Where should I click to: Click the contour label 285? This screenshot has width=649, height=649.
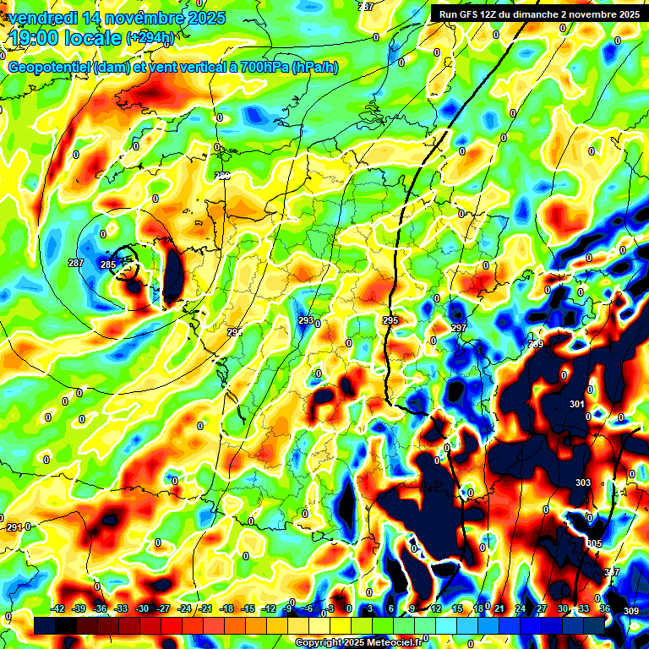click(107, 265)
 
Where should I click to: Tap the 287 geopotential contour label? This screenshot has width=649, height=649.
click(76, 263)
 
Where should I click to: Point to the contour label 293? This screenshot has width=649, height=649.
click(306, 320)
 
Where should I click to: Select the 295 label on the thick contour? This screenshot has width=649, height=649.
click(390, 320)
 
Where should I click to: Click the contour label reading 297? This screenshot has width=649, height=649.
click(459, 327)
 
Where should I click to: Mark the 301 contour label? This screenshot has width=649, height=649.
click(577, 404)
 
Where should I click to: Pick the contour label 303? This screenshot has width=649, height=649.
click(583, 483)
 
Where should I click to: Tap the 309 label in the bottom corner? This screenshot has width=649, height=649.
click(631, 610)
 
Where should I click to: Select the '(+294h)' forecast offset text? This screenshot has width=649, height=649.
click(150, 38)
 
